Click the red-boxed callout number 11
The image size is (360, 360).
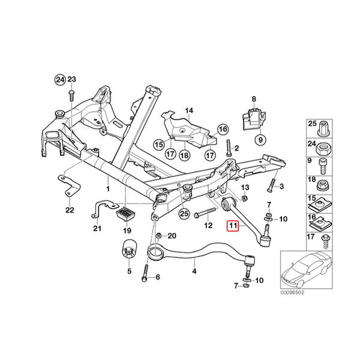[233, 226]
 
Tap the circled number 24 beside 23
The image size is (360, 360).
[60, 80]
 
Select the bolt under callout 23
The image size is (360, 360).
[71, 95]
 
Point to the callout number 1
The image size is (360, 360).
[107, 189]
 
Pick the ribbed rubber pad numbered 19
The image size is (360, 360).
[126, 214]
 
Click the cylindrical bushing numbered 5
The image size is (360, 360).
[129, 251]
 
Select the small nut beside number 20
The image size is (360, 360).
[158, 236]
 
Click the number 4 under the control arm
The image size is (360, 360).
[194, 271]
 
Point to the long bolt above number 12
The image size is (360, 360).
[205, 212]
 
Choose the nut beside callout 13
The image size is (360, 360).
[245, 198]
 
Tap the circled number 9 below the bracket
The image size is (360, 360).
[260, 139]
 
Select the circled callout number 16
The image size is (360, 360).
[223, 129]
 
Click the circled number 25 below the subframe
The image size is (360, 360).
[184, 214]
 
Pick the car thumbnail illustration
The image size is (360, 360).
[307, 270]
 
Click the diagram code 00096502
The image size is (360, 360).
[292, 293]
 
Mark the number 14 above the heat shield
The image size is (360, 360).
[189, 110]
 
